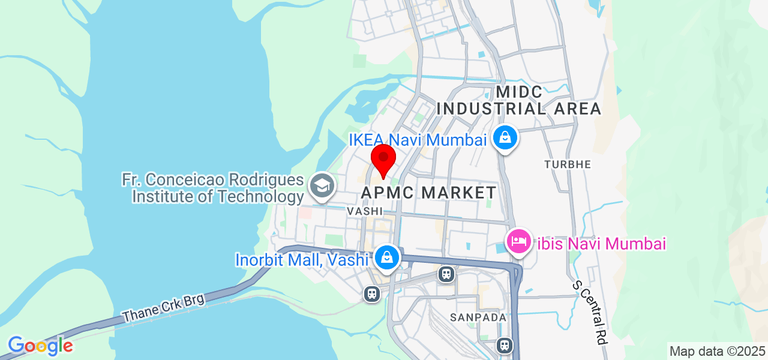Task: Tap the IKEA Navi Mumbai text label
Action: pos(417,140)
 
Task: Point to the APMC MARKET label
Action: pos(429,193)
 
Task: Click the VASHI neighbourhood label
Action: pos(364,211)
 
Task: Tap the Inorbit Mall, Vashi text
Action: pos(302,260)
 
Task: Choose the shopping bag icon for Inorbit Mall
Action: pos(388,258)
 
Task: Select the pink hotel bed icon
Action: pos(518,242)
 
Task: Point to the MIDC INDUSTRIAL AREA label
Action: pos(519,101)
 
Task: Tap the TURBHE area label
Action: pos(568,164)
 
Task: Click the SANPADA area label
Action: pos(478,317)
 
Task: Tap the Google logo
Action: pos(40,346)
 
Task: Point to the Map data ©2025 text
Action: pos(717,351)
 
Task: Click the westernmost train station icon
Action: pos(372,293)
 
